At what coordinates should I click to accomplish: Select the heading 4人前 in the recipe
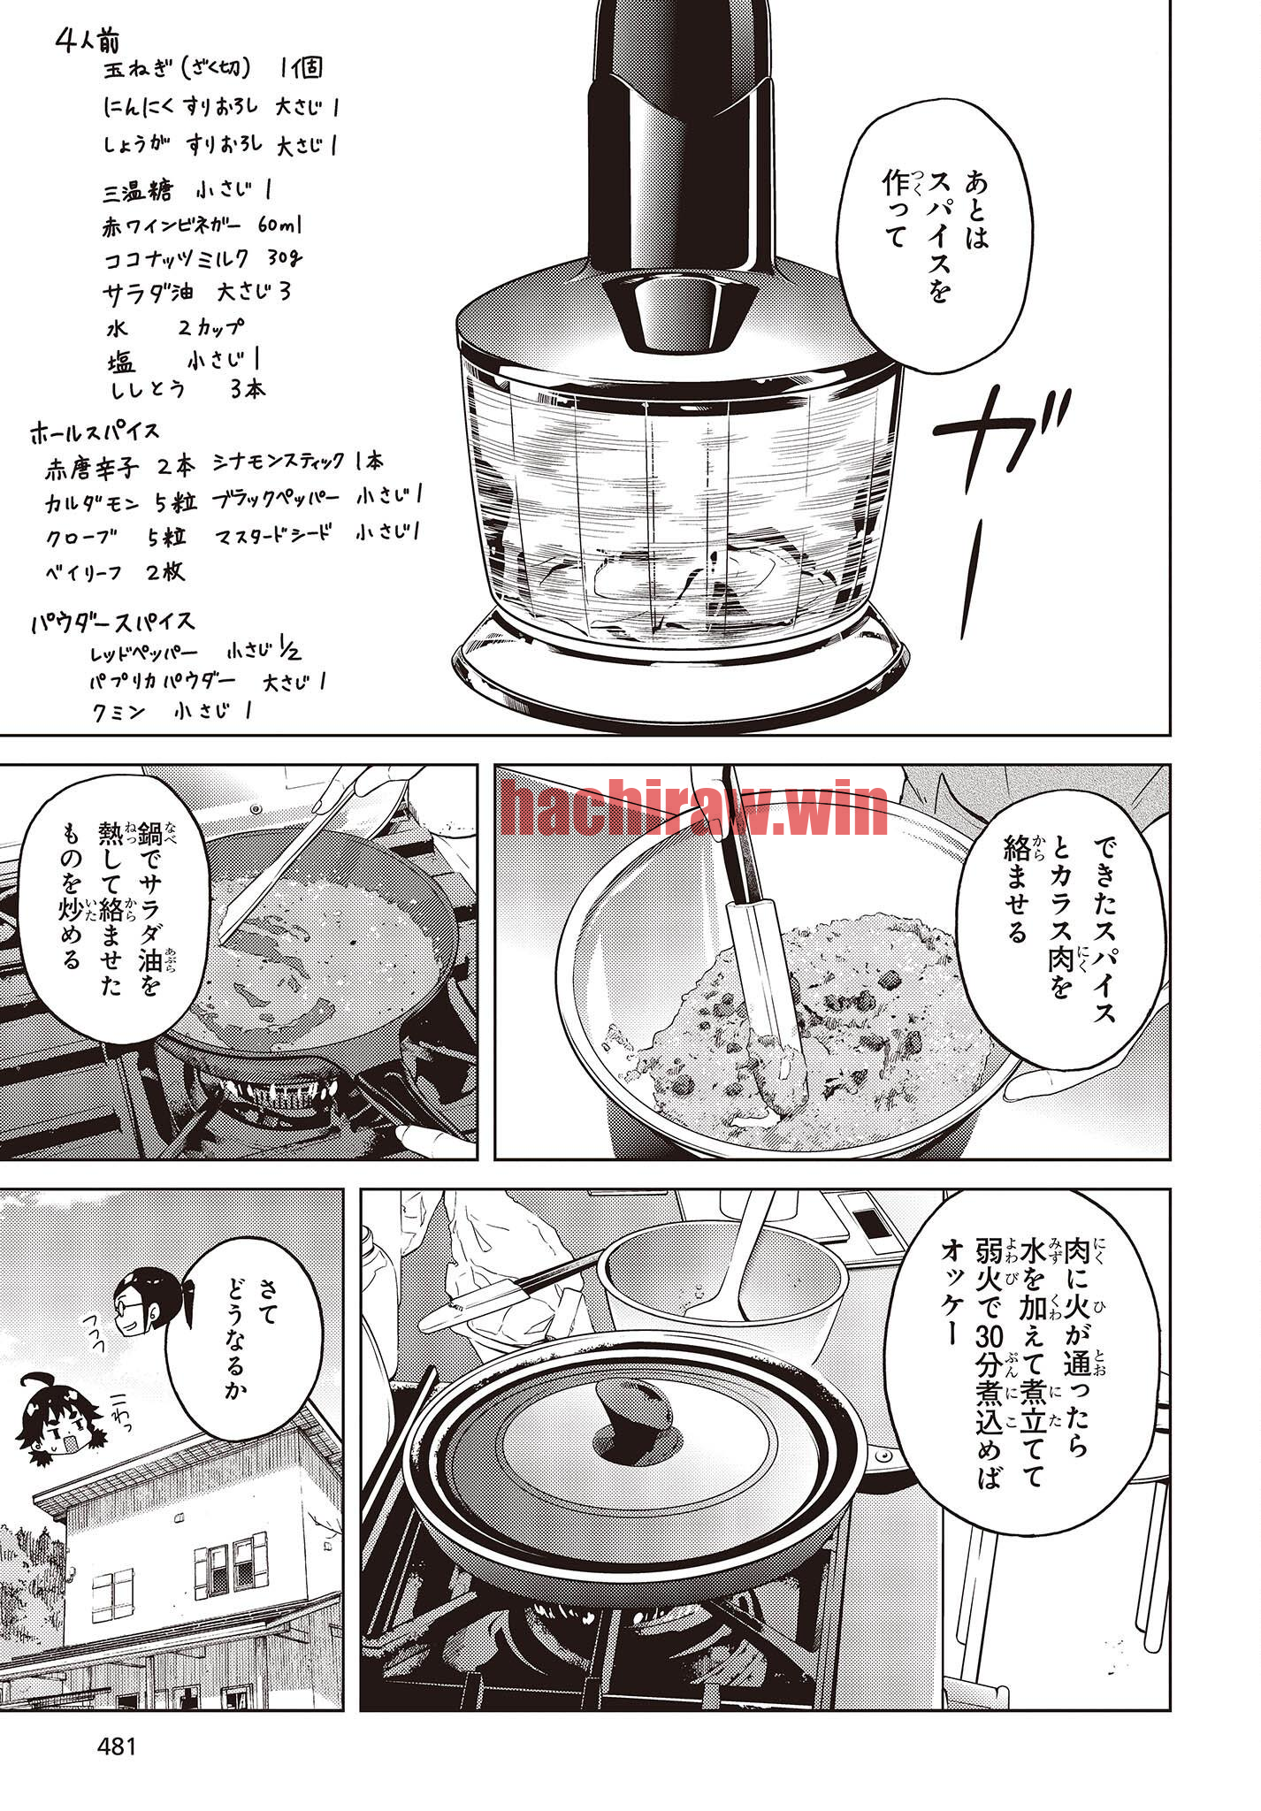click(88, 41)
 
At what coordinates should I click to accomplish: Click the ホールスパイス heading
click(96, 432)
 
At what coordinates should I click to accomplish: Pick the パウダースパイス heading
click(112, 622)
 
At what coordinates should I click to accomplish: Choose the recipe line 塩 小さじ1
click(184, 361)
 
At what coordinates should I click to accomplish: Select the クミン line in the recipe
click(171, 711)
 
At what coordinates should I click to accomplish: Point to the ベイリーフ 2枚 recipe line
click(115, 571)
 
